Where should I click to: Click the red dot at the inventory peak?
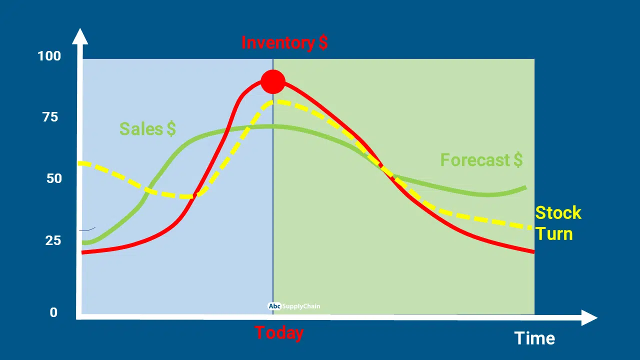[x=273, y=81]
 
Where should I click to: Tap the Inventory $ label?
[x=284, y=43]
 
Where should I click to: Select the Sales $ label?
[x=147, y=129]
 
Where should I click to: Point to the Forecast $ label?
[x=481, y=159]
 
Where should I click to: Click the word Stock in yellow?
[x=558, y=213]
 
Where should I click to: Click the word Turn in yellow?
[x=554, y=234]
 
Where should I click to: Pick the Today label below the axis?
[x=279, y=333]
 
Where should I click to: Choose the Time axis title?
[x=534, y=338]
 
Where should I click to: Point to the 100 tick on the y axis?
[x=49, y=56]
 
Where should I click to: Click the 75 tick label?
[x=50, y=117]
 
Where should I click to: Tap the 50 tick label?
[x=54, y=178]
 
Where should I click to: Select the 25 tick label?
[x=53, y=240]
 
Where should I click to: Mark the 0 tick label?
[x=53, y=312]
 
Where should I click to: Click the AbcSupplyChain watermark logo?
[x=294, y=306]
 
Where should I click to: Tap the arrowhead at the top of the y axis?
[x=80, y=36]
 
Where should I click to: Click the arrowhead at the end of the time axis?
[x=589, y=317]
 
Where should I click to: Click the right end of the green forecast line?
[x=525, y=187]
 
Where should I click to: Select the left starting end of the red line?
[x=82, y=252]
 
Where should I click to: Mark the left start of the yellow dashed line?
[x=80, y=163]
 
